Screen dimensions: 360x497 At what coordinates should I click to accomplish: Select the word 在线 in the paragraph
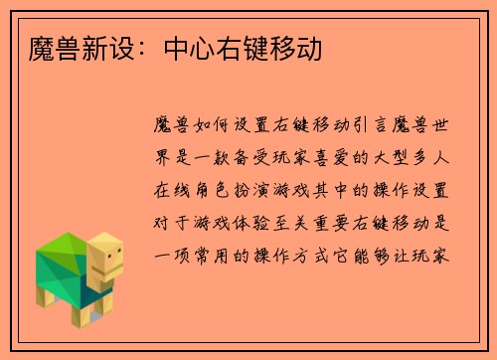(167, 188)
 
